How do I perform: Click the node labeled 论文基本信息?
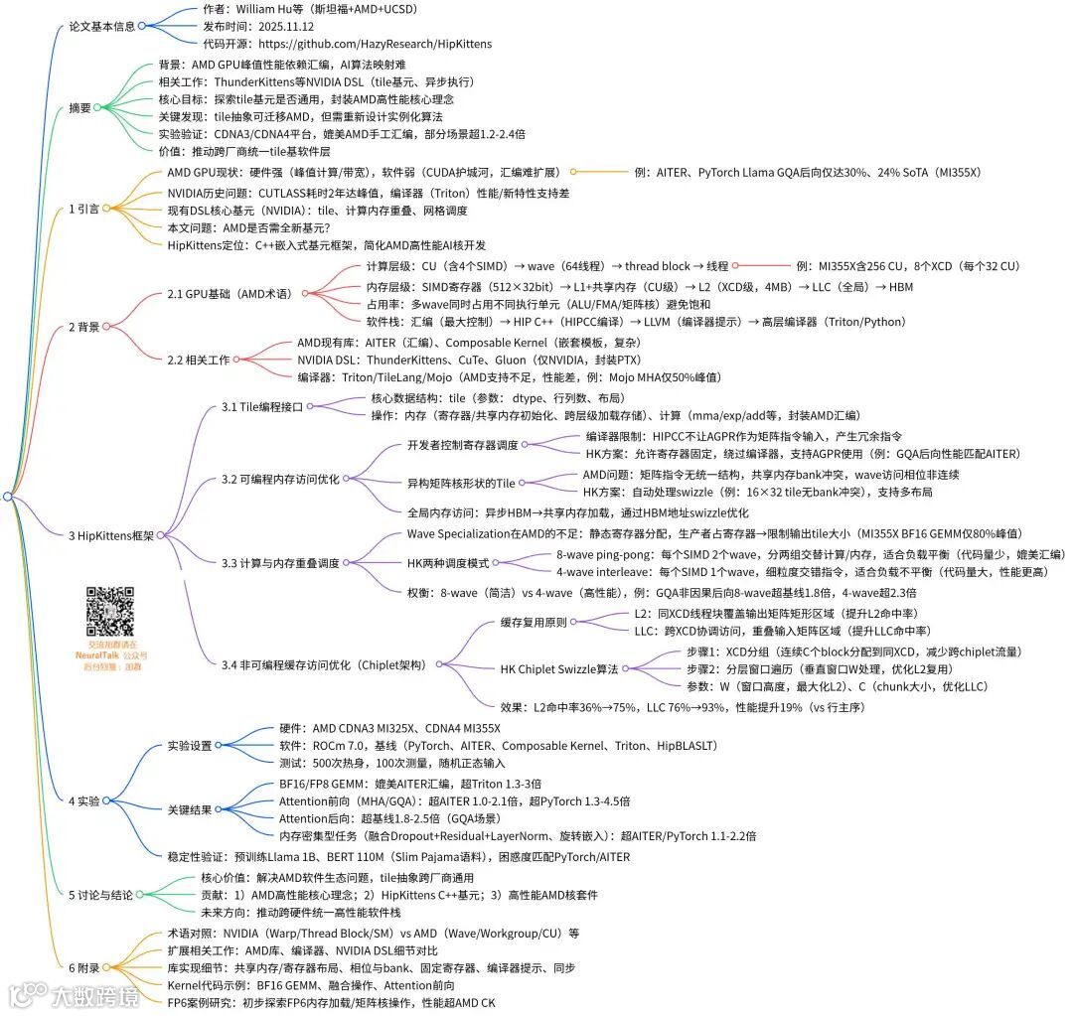coord(102,26)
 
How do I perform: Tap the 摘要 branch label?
coord(79,107)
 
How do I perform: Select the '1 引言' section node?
coord(83,209)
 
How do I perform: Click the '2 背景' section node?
coord(83,326)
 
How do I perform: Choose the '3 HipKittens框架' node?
coord(111,535)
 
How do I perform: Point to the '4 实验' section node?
coord(83,800)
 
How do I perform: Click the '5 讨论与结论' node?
coord(99,895)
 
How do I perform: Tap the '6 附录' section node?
coord(83,966)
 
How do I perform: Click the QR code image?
coord(110,612)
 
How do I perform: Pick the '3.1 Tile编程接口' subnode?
coord(261,406)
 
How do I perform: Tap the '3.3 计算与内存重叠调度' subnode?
coord(280,563)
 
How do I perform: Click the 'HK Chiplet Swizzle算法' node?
coord(559,668)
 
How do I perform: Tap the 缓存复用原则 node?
coord(540,622)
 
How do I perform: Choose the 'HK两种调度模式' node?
coord(448,562)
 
